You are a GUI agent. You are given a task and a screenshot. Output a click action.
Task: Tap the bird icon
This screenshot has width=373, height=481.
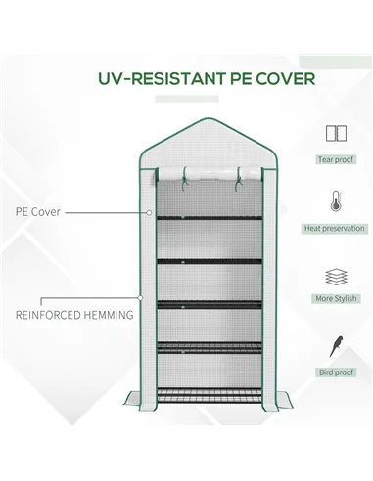(x=335, y=347)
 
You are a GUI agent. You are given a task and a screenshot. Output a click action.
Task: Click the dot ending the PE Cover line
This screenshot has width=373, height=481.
(x=148, y=210)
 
